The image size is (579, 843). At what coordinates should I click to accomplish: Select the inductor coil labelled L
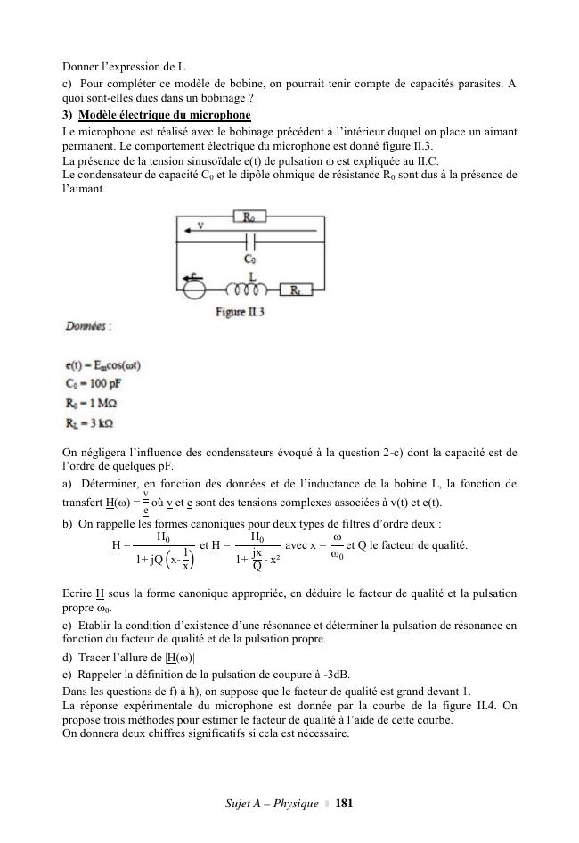coord(249,290)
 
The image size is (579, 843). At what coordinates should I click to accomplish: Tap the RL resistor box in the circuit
coord(294,290)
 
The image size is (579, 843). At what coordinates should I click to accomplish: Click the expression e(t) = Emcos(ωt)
coord(104,365)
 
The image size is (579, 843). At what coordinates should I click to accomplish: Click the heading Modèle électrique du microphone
coord(165,116)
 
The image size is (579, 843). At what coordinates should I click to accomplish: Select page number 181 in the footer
coord(345,805)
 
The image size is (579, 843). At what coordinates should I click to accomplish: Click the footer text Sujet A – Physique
coord(273,805)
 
